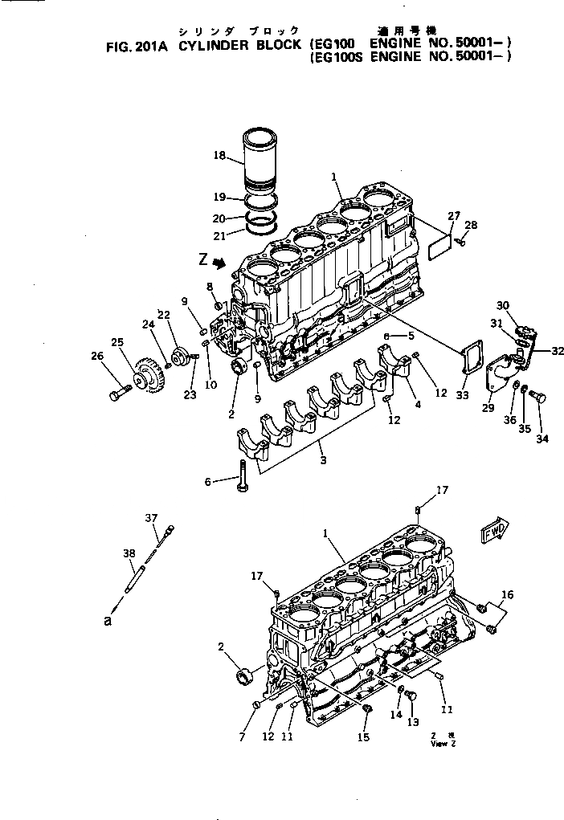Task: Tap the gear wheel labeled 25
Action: pyautogui.click(x=147, y=375)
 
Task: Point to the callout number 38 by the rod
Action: pyautogui.click(x=129, y=554)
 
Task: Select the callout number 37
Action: pyautogui.click(x=152, y=518)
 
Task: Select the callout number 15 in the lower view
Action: pyautogui.click(x=363, y=737)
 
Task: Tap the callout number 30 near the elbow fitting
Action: pyautogui.click(x=503, y=305)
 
